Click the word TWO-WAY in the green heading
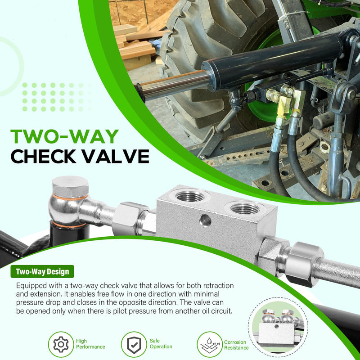[64, 136]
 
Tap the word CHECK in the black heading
[43, 156]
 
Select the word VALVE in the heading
[116, 156]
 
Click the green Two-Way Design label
[42, 272]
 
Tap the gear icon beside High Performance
[61, 344]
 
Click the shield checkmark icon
[134, 344]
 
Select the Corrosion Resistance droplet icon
[210, 344]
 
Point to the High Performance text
[90, 344]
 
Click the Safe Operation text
[161, 344]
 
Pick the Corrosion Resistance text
[236, 345]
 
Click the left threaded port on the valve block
[189, 196]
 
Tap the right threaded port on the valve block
[245, 208]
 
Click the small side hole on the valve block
[206, 220]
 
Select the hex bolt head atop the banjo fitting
[70, 186]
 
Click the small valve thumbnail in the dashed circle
[278, 327]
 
